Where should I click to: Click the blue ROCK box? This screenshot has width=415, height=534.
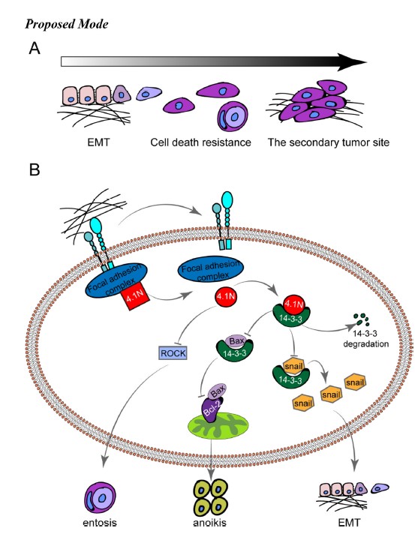pyautogui.click(x=173, y=352)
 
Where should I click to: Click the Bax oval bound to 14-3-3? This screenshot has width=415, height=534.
pyautogui.click(x=236, y=340)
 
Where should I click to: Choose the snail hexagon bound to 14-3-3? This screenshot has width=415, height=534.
pyautogui.click(x=293, y=366)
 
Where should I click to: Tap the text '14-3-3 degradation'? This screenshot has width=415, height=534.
pyautogui.click(x=365, y=338)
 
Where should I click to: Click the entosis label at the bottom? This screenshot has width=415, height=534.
pyautogui.click(x=100, y=523)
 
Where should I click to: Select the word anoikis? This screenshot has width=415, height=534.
pyautogui.click(x=209, y=523)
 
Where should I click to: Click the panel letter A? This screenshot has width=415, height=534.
pyautogui.click(x=35, y=48)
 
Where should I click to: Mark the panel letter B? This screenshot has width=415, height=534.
pyautogui.click(x=35, y=169)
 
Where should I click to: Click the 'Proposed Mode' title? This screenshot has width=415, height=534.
pyautogui.click(x=67, y=24)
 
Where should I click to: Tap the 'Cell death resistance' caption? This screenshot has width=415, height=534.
pyautogui.click(x=200, y=142)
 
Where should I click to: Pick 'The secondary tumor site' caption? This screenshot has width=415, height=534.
pyautogui.click(x=329, y=142)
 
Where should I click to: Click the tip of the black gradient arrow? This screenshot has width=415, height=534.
pyautogui.click(x=367, y=62)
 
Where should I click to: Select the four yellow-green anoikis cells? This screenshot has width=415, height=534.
pyautogui.click(x=210, y=497)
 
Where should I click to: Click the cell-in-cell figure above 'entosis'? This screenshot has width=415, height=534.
pyautogui.click(x=100, y=497)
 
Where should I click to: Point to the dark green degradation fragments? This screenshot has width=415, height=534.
pyautogui.click(x=361, y=319)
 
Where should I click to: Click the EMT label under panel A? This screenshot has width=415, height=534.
pyautogui.click(x=98, y=142)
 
